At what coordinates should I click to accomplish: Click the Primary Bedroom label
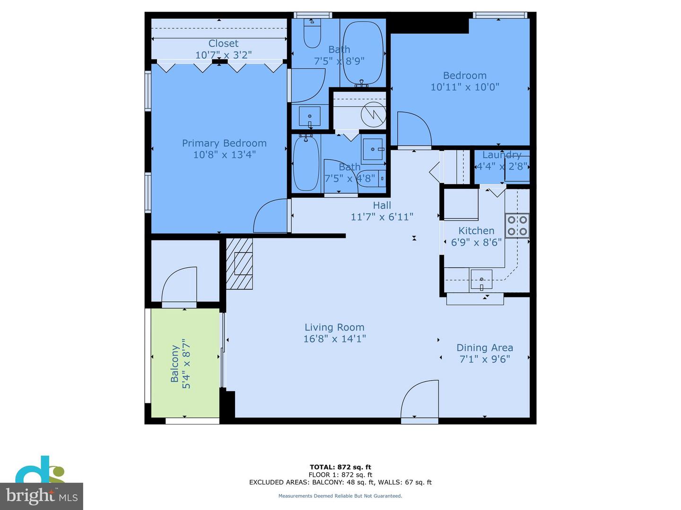[224, 143]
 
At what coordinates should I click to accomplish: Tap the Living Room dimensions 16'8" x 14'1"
[334, 339]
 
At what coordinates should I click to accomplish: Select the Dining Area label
[484, 348]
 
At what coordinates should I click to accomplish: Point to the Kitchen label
[476, 230]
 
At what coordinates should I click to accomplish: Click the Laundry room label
[501, 155]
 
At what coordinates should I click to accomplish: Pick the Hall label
[382, 205]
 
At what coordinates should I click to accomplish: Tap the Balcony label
[175, 364]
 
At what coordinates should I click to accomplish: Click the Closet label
[223, 43]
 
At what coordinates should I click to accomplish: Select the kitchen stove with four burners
[517, 225]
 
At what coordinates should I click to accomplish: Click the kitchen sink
[481, 280]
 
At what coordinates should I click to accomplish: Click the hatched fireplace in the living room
[239, 263]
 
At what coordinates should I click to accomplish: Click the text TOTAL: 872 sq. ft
[340, 467]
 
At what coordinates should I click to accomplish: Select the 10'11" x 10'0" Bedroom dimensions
[464, 87]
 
